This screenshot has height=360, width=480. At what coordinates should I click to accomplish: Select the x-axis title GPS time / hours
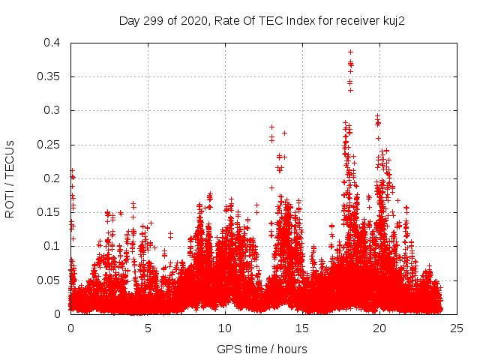262,349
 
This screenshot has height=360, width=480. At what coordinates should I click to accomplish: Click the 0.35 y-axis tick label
52,76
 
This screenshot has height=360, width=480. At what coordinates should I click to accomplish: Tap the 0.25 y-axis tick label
52,145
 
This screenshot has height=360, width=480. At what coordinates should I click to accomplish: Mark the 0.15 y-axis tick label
52,212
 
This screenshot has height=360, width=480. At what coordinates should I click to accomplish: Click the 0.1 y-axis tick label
55,246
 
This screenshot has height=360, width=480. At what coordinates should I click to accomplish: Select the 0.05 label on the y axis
52,280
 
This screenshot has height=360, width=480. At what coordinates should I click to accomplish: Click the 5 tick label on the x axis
148,328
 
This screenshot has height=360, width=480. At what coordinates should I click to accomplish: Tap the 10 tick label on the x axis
225,328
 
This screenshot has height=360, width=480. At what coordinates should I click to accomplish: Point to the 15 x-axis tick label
302,328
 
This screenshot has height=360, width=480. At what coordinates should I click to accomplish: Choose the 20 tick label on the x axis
379,328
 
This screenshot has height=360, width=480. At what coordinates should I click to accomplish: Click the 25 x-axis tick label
457,328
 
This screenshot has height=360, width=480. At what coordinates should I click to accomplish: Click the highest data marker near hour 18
350,52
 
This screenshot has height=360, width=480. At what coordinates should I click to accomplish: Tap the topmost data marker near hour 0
72,170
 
